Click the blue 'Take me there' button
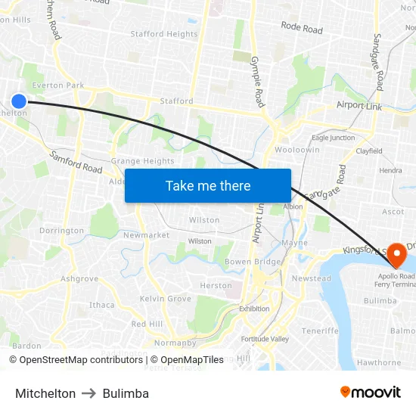[207, 185]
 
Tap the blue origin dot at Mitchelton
[19, 101]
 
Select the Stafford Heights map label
[164, 34]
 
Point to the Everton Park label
[58, 85]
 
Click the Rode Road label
[302, 27]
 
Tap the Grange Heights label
[142, 161]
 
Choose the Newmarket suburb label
[146, 235]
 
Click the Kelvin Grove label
[166, 299]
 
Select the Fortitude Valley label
[265, 339]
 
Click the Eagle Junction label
[333, 138]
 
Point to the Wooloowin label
[297, 150]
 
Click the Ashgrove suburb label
[79, 278]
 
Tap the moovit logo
[370, 392]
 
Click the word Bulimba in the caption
[126, 393]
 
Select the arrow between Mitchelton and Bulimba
[89, 393]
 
